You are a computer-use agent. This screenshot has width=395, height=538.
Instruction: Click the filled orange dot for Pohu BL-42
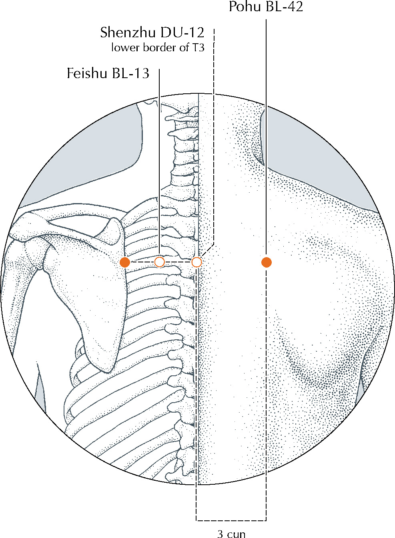coord(267,262)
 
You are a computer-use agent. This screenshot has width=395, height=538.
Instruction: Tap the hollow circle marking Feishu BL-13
coord(160,262)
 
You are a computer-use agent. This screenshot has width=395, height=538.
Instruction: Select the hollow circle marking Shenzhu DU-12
coord(196,262)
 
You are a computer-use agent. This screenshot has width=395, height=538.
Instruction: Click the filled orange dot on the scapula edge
coord(125,262)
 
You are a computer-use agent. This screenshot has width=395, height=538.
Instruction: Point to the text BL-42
coord(285,7)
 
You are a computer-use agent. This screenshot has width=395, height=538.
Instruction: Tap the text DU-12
coord(182,32)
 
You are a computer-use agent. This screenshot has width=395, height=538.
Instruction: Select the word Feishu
coord(87,73)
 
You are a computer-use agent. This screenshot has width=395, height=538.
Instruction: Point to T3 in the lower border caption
coord(198,48)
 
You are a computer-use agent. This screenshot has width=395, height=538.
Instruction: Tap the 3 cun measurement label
coord(232,534)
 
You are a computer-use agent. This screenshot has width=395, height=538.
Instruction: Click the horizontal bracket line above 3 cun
coord(231,519)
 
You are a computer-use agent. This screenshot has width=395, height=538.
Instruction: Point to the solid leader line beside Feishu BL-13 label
coord(159,163)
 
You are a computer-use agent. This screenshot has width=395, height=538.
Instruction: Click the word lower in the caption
coord(126,48)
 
